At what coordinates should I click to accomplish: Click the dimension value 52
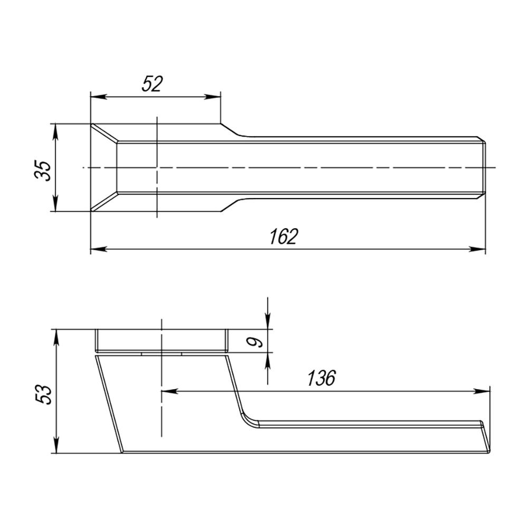(152, 84)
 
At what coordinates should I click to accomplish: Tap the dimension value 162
(284, 237)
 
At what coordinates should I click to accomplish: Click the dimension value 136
(322, 378)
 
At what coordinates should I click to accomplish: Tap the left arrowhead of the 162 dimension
(96, 249)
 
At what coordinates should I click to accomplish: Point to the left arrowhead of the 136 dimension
(167, 391)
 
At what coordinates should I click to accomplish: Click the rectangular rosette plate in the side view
(161, 341)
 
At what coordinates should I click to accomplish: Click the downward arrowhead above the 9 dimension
(268, 323)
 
